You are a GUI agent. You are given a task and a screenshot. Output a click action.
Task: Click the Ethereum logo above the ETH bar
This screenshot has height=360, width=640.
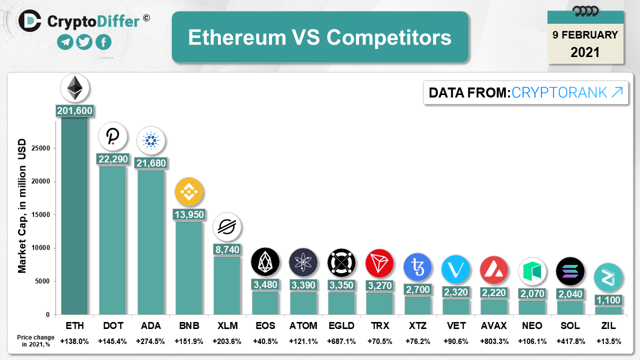75,88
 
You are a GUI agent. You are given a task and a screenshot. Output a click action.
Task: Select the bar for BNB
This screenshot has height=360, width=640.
189,267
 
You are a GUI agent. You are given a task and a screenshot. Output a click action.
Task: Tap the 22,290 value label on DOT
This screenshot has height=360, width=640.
113,159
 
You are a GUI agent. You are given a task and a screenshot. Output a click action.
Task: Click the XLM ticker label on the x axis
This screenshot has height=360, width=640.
227,326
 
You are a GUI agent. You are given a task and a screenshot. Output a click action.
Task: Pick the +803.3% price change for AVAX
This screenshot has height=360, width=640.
494,341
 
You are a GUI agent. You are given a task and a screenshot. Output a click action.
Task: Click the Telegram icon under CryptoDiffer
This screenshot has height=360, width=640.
65,42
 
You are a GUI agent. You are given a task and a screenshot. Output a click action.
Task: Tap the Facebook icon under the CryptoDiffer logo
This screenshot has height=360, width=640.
103,42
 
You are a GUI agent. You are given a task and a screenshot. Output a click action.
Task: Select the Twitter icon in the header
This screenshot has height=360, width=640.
84,42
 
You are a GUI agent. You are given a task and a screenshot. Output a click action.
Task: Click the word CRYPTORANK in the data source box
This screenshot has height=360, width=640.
559,92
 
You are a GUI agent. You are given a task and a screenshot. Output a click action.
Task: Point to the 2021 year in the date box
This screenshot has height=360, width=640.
585,52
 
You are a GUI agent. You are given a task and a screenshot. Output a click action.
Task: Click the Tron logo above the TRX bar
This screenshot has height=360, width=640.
379,262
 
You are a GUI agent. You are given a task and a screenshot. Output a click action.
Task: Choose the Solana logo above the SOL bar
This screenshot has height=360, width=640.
570,271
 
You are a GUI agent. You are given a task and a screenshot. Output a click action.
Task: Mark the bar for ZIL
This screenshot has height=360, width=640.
608,310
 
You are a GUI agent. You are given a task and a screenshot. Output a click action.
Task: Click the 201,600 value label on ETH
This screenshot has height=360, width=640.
75,111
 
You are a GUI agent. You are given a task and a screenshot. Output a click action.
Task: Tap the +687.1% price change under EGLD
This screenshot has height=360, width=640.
341,341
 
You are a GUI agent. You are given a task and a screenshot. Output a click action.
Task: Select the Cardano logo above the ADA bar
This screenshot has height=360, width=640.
151,140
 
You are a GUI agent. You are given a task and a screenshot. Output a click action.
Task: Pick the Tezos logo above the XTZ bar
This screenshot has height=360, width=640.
417,267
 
